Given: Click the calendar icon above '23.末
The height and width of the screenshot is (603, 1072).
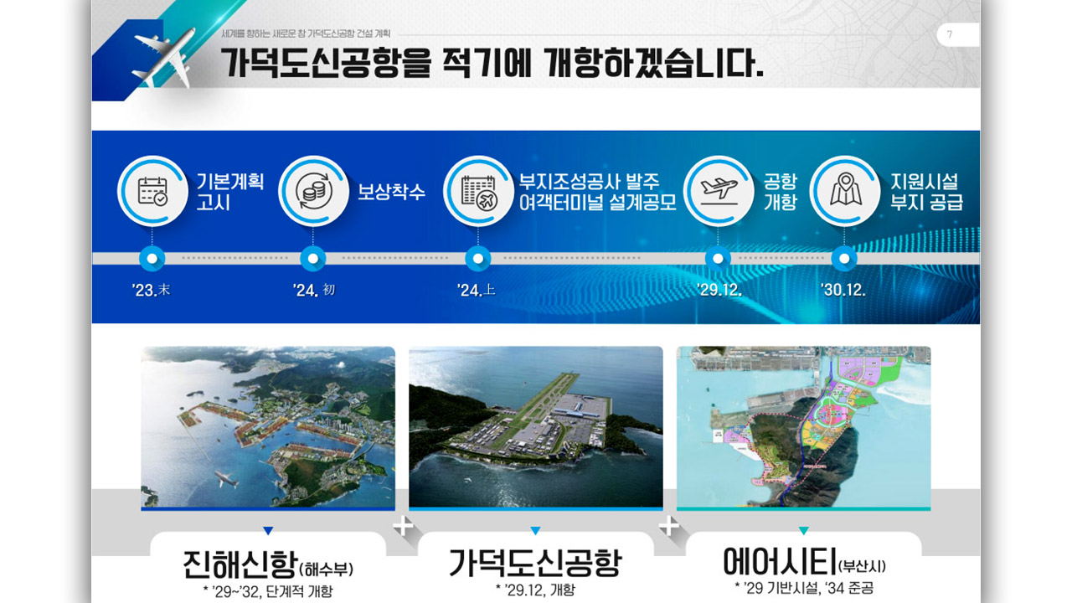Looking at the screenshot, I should [152, 191].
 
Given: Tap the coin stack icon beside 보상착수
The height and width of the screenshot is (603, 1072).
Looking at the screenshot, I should [312, 191].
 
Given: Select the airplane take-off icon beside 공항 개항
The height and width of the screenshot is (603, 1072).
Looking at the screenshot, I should [718, 191].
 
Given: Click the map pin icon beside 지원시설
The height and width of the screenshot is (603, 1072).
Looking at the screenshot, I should [844, 191].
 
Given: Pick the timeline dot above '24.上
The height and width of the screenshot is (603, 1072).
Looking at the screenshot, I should [477, 259].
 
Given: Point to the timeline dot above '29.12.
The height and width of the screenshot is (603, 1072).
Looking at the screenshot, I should [718, 259].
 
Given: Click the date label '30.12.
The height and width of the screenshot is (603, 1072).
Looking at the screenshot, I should [843, 291].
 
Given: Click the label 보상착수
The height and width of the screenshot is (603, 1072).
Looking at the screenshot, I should [391, 192].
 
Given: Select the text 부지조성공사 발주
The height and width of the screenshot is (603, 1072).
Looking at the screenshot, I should [590, 181].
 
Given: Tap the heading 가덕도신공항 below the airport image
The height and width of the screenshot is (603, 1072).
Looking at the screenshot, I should [536, 563].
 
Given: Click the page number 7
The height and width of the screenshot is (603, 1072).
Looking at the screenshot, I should [950, 35].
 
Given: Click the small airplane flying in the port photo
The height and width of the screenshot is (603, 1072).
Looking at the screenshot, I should [225, 480].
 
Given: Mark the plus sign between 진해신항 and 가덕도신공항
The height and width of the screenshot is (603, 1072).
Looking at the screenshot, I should [403, 526].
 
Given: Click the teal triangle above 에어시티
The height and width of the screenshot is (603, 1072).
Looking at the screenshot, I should [803, 530].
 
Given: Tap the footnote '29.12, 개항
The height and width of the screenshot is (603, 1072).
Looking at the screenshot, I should [536, 590].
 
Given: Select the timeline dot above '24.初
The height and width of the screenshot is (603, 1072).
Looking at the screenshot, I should [312, 259].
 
